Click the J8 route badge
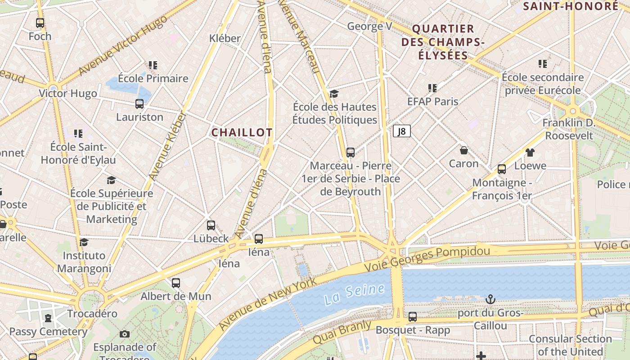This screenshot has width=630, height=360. [401, 131]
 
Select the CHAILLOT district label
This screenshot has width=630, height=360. [242, 132]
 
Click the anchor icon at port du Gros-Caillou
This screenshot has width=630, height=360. [490, 299]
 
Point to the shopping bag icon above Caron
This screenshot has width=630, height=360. [463, 150]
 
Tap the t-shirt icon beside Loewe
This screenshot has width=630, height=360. [530, 153]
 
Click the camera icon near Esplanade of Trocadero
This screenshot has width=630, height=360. [125, 334]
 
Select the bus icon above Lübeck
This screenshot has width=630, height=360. [211, 225]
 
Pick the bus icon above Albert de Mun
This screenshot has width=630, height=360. [175, 283]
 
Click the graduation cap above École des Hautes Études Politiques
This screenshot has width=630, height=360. [334, 94]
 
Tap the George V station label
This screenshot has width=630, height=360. [369, 27]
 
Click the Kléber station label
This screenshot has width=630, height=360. [225, 39]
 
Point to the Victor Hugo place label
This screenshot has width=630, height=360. [68, 94]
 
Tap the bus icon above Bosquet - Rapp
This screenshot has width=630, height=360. [412, 317]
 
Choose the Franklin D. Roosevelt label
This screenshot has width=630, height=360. [568, 129]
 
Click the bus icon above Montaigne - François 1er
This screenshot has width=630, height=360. [501, 169]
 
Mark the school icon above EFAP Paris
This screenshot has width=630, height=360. [432, 88]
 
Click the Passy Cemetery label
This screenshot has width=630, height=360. [48, 332]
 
